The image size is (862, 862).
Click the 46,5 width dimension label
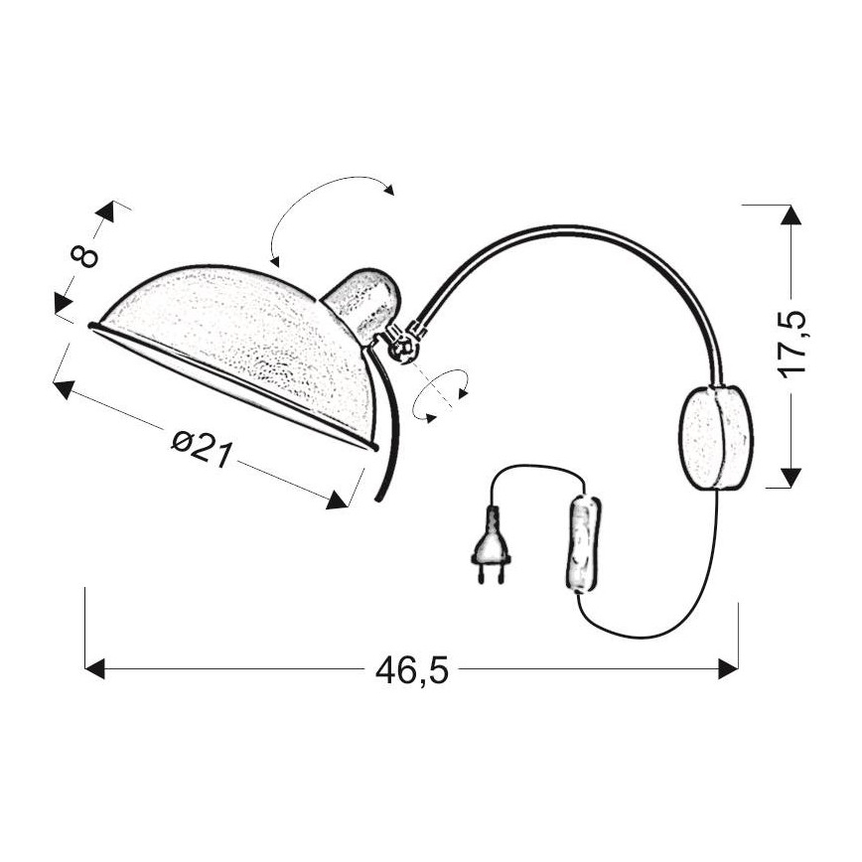412,671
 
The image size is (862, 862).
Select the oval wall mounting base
715,438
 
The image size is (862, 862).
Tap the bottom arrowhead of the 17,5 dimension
790,478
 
